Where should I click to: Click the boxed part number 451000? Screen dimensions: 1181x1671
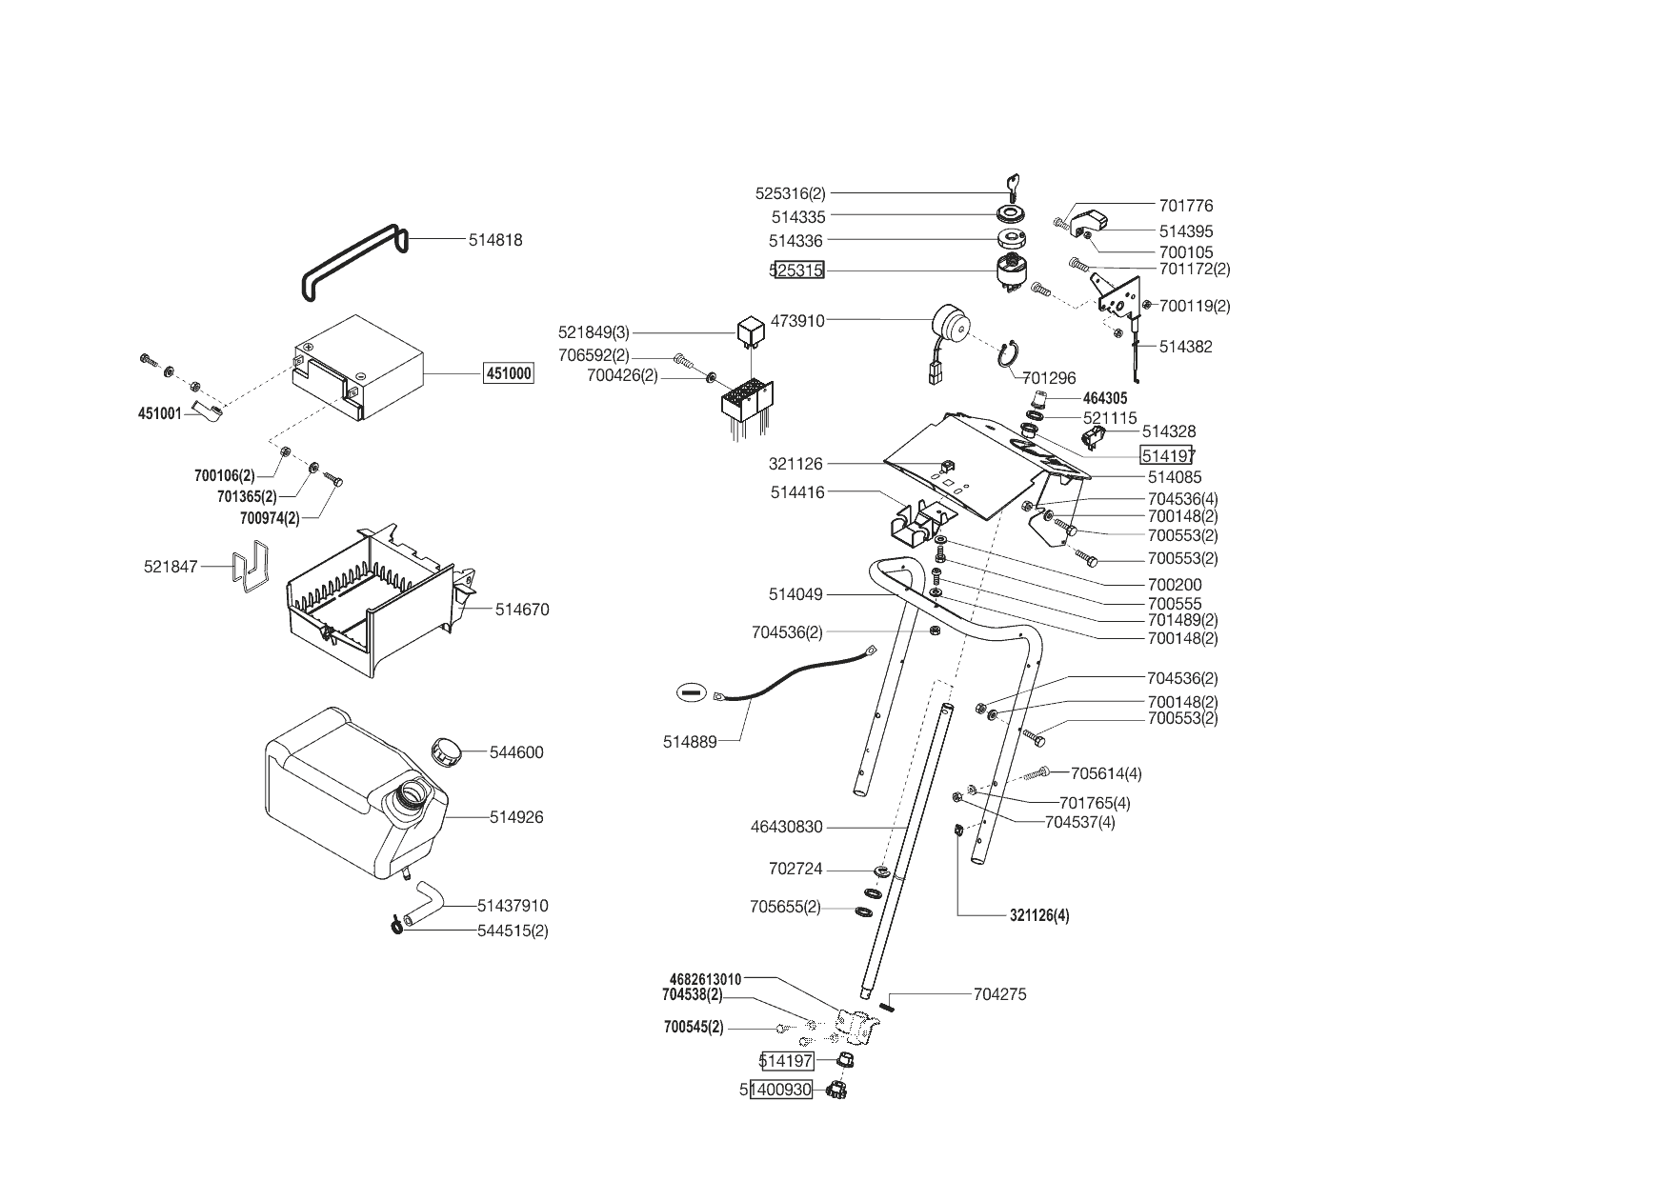[509, 373]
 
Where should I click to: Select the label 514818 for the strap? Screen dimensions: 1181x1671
[495, 240]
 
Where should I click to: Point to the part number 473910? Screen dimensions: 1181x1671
[796, 321]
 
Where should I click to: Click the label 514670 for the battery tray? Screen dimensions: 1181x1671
[522, 610]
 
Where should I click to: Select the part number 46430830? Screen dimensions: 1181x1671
[786, 828]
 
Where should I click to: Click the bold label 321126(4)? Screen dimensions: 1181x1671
[1039, 916]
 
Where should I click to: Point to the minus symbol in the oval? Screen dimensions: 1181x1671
[692, 692]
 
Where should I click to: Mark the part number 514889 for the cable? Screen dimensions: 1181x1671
[690, 741]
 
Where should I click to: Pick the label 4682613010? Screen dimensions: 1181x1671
[706, 979]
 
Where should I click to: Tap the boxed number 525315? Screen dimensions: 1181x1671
[796, 270]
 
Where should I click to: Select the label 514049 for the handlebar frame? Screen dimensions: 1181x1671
[795, 594]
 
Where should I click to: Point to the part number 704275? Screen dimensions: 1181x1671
[999, 994]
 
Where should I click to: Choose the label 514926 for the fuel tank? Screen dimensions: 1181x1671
[516, 817]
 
